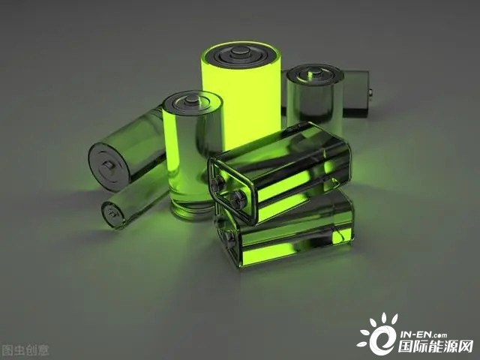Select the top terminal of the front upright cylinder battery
pos(192,99)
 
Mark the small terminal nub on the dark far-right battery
pos(370,92)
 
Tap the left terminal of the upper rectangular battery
pos(217,183)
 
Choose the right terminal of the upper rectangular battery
pos(237,200)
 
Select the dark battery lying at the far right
pos(355,93)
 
